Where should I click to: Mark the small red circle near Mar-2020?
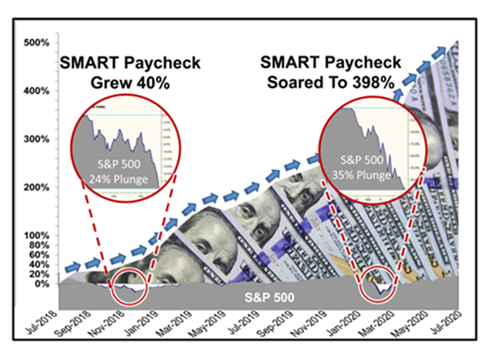(379, 285)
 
